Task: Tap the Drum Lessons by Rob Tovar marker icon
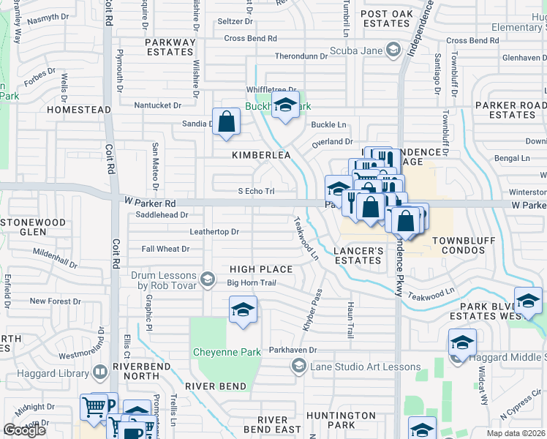click(208, 279)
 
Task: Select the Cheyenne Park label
click(227, 352)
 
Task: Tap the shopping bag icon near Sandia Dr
click(227, 121)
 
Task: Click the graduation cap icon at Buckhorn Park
click(285, 105)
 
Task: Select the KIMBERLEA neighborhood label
click(261, 155)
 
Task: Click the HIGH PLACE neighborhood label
click(260, 269)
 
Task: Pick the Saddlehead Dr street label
click(162, 215)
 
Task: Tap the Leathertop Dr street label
click(214, 232)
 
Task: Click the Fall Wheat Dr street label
click(165, 249)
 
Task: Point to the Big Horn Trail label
click(251, 282)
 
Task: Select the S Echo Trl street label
click(256, 191)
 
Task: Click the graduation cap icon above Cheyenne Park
click(243, 309)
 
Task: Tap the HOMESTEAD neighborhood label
click(78, 109)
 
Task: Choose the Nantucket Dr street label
click(162, 105)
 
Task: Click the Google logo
click(25, 430)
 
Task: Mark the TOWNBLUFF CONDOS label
click(469, 245)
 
